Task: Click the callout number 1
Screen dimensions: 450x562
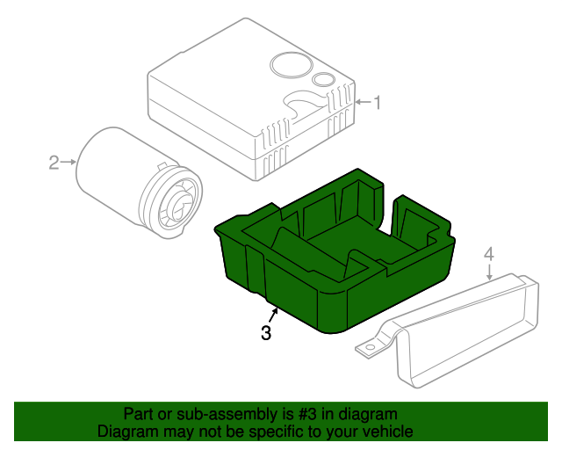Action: coord(378,103)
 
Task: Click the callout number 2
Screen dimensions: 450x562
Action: coord(54,162)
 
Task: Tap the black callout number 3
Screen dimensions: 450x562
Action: coord(265,333)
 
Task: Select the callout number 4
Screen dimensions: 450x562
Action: coord(489,254)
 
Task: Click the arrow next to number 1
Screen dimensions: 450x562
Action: coord(364,103)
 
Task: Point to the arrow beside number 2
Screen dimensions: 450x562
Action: coord(68,162)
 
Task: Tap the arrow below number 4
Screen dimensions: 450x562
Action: coord(489,271)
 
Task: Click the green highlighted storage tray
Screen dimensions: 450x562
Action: coord(334,264)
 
